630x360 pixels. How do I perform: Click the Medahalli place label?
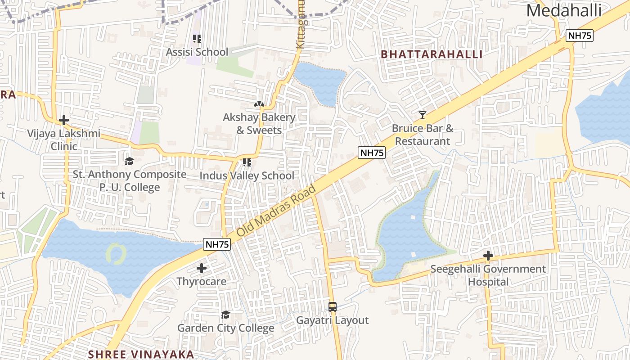pos(564,10)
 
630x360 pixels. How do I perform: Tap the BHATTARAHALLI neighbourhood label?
pos(432,54)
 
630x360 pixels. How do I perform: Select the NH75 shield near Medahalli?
pos(580,36)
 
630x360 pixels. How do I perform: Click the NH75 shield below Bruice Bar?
pos(372,153)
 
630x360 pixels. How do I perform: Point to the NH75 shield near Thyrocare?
pos(217,244)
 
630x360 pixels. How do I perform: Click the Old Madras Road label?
pos(276,211)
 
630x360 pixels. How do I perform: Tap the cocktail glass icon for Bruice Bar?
pos(422,115)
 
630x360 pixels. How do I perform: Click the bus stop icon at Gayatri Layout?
pos(333,307)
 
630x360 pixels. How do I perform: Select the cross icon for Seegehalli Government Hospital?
pos(488,256)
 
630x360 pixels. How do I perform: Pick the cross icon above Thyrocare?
pos(202,269)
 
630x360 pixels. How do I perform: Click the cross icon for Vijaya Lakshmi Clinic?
pos(64,120)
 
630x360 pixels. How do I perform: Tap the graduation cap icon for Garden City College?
pos(225,315)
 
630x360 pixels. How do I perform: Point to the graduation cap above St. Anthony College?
pos(130,161)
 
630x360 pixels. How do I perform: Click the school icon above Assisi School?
pos(197,39)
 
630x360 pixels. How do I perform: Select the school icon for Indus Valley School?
pos(247,162)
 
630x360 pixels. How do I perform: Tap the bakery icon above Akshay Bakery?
pos(259,104)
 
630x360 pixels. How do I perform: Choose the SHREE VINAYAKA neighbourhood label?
pos(141,354)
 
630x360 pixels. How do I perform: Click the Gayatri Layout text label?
pos(332,320)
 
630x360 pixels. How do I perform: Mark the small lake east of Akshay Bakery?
pos(320,82)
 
